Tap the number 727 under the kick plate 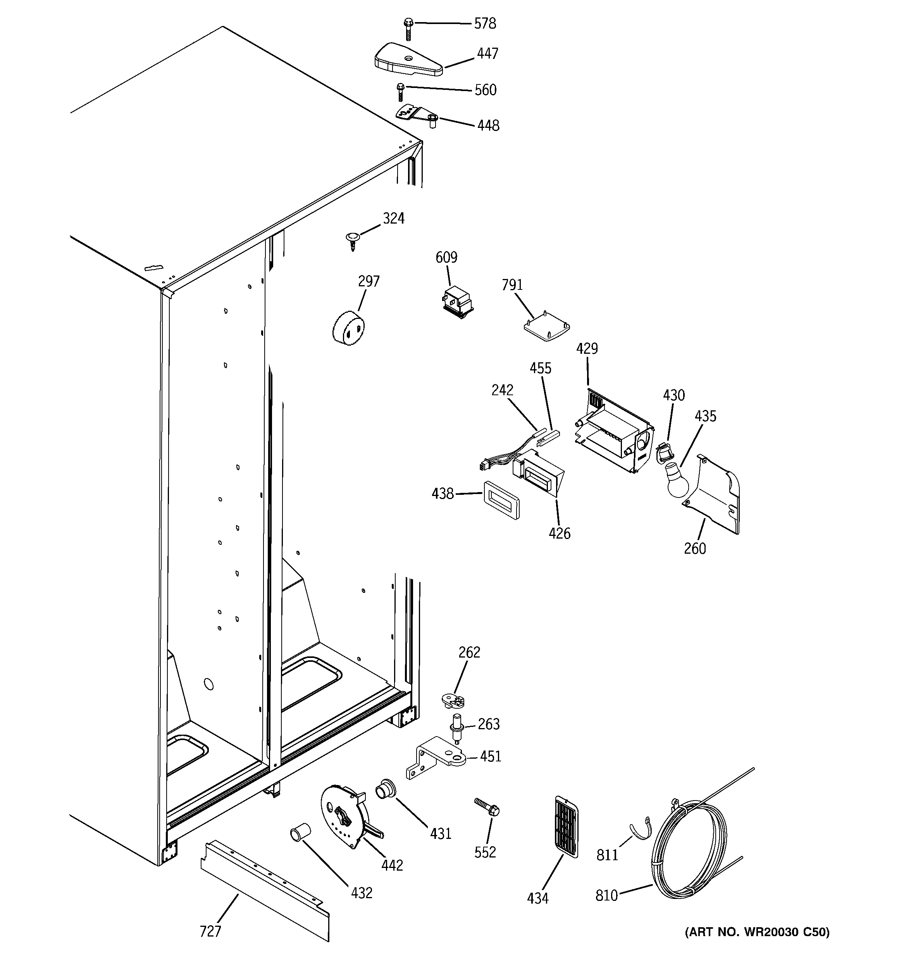pos(210,931)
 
